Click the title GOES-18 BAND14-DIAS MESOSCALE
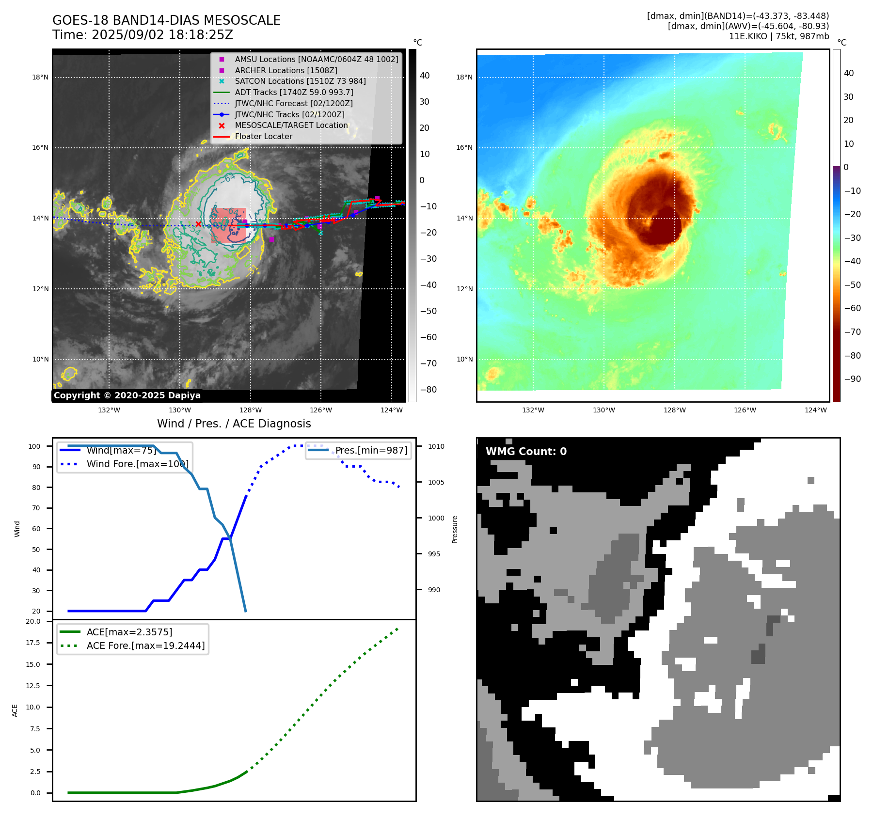[x=166, y=20]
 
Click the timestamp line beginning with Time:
[x=143, y=35]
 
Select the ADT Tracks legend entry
[x=294, y=92]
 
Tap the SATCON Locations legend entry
[x=300, y=81]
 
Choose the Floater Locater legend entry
[x=263, y=136]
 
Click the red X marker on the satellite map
[x=198, y=224]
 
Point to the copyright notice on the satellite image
[x=127, y=395]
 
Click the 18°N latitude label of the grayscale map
[x=40, y=77]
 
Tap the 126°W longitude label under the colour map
[x=745, y=410]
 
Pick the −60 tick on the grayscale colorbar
[x=428, y=337]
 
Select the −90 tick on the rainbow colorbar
[x=852, y=379]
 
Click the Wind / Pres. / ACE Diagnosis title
[x=234, y=424]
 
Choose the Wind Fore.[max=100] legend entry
[x=137, y=464]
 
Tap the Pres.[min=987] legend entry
[x=371, y=450]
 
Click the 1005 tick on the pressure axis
[x=436, y=482]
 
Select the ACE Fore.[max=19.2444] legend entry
[x=145, y=646]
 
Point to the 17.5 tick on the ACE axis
[x=33, y=643]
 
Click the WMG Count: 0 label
[x=526, y=451]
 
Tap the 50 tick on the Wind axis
[x=36, y=550]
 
